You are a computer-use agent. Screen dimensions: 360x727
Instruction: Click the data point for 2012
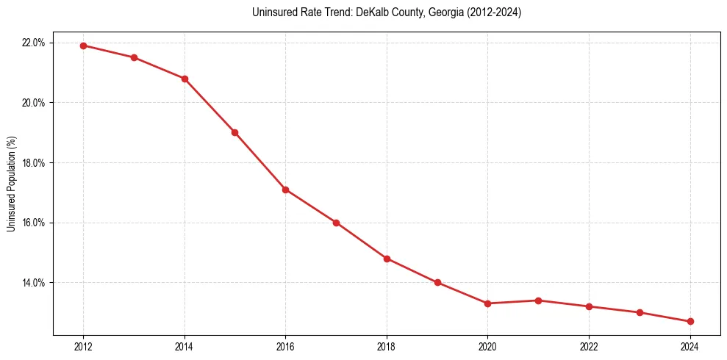pyautogui.click(x=83, y=46)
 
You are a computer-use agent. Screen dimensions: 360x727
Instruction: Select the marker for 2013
pyautogui.click(x=134, y=57)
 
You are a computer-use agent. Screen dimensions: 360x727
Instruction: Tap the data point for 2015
pyautogui.click(x=234, y=132)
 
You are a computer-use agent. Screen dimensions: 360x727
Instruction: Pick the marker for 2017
pyautogui.click(x=336, y=223)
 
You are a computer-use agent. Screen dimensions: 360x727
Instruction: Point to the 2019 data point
pyautogui.click(x=437, y=282)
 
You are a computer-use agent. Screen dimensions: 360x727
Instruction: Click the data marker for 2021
pyautogui.click(x=538, y=300)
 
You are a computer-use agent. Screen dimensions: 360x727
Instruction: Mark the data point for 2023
pyautogui.click(x=640, y=312)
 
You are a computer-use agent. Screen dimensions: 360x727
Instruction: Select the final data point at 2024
pyautogui.click(x=690, y=321)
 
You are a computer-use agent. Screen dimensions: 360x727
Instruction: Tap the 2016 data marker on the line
pyautogui.click(x=285, y=190)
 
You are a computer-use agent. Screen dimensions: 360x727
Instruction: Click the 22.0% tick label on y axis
pyautogui.click(x=34, y=43)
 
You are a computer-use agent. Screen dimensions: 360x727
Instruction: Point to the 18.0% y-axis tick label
pyautogui.click(x=34, y=162)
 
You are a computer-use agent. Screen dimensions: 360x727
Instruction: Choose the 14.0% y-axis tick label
pyautogui.click(x=34, y=283)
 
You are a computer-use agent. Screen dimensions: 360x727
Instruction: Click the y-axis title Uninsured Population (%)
pyautogui.click(x=11, y=184)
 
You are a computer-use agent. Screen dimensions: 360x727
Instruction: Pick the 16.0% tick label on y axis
pyautogui.click(x=34, y=223)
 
